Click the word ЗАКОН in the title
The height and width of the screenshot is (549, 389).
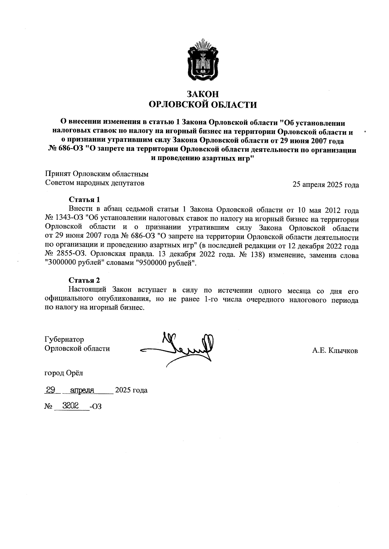203,94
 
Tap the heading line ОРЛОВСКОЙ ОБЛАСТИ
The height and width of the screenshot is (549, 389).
203,105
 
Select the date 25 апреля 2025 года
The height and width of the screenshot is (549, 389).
325,185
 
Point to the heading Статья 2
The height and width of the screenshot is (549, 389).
84,280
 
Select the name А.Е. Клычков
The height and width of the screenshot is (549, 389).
335,350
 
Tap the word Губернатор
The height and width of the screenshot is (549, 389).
64,339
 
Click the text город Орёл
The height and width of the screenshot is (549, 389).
64,373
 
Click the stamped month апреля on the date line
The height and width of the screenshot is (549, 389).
82,390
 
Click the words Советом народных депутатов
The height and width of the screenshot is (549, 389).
94,183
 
